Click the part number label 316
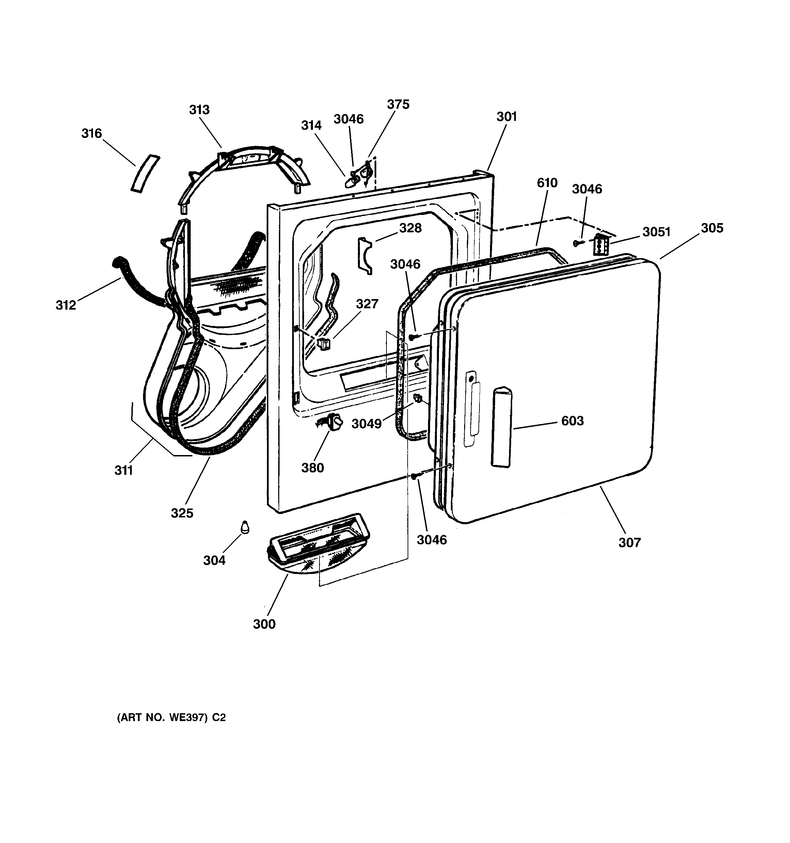[92, 134]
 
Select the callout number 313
[199, 110]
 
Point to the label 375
[398, 104]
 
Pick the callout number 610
[547, 183]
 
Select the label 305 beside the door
[712, 228]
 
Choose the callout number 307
[630, 542]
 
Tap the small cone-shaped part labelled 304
[245, 527]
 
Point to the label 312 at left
[66, 305]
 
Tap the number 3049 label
[366, 424]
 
